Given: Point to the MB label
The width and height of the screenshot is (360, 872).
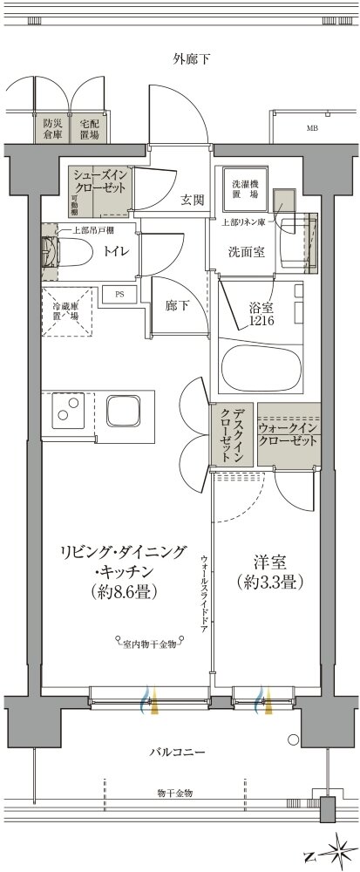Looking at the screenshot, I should (x=311, y=129).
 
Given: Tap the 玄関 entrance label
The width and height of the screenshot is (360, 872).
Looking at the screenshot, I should (x=192, y=200).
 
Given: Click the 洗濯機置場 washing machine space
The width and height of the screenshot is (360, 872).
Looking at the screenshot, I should (x=241, y=188).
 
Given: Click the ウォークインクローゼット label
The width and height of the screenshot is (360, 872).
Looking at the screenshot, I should (x=289, y=433).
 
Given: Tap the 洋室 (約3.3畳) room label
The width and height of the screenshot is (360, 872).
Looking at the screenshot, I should (x=268, y=571).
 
